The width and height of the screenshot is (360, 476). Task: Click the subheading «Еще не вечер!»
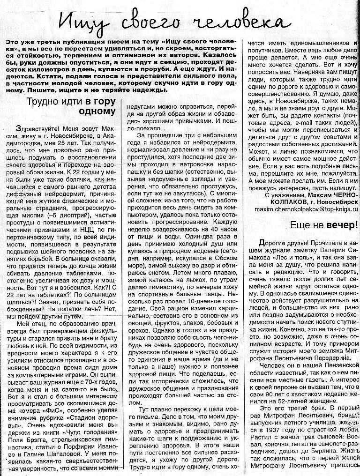pyautogui.click(x=324, y=224)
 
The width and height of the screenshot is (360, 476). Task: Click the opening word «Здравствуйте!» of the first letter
pyautogui.click(x=35, y=128)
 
